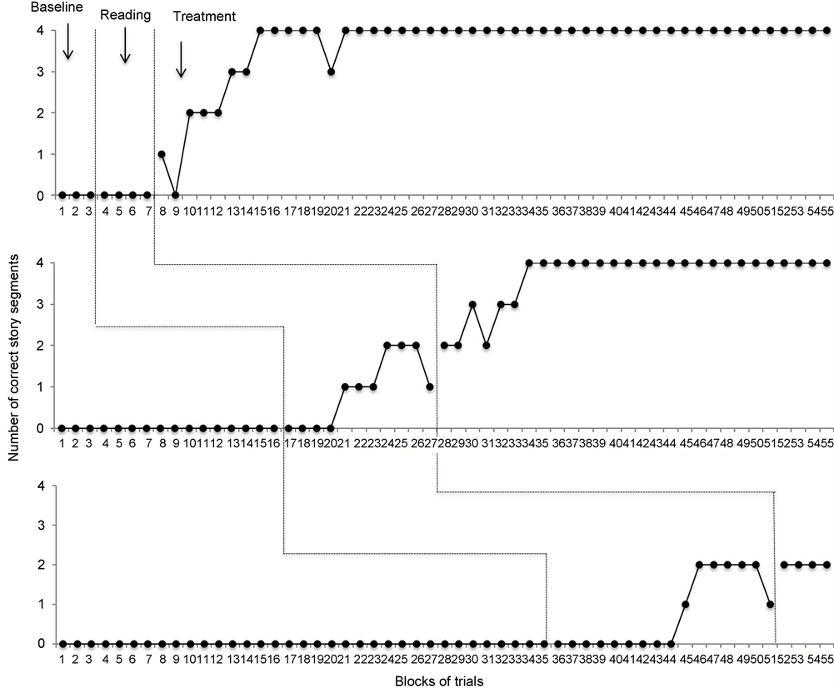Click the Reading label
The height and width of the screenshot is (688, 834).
pos(125,15)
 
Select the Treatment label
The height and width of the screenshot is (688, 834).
pos(204,16)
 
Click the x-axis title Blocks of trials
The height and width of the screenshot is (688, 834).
pos(439,679)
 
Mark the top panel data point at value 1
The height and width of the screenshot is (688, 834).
pos(161,154)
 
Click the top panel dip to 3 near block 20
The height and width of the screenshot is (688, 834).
pos(332,72)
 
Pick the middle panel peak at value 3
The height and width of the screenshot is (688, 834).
pos(472,304)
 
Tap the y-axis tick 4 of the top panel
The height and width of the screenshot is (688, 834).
pos(39,31)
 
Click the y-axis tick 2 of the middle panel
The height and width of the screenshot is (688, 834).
pos(39,346)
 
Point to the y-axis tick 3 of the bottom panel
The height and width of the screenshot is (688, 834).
pos(39,526)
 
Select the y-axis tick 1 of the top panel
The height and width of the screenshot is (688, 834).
pos(39,155)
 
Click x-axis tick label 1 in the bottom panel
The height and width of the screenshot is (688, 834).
pos(62,660)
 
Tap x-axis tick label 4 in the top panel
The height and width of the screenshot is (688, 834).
pos(104,212)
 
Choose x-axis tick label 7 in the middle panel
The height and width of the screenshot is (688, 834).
pos(147,445)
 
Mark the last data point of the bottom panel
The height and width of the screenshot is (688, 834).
pos(827,565)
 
